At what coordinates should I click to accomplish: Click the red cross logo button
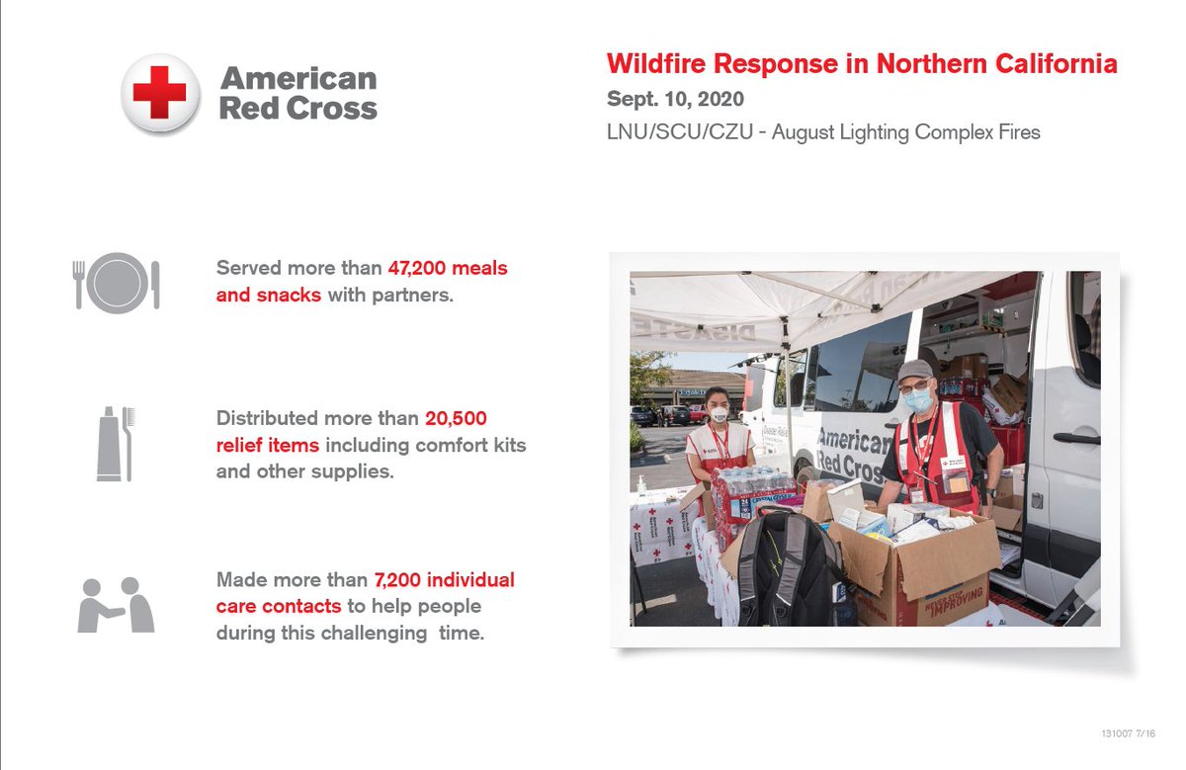tap(159, 94)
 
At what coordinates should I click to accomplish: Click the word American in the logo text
tap(298, 79)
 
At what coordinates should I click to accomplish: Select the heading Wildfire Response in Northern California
tap(862, 65)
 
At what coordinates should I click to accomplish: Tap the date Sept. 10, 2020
tap(675, 100)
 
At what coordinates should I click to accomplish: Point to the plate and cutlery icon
tap(117, 284)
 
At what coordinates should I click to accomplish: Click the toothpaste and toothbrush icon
tap(116, 444)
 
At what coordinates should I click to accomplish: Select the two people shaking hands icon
tap(117, 605)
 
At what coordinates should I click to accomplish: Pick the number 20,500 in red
tap(457, 418)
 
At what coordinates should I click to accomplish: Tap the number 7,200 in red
tap(407, 579)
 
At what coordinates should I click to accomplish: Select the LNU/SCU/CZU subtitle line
tap(823, 131)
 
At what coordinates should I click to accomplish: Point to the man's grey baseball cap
tap(914, 371)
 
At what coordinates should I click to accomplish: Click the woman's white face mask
tap(719, 415)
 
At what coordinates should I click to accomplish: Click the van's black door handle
tap(1075, 438)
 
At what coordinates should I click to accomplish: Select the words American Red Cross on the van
tap(850, 453)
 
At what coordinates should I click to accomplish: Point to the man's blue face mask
tap(916, 399)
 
